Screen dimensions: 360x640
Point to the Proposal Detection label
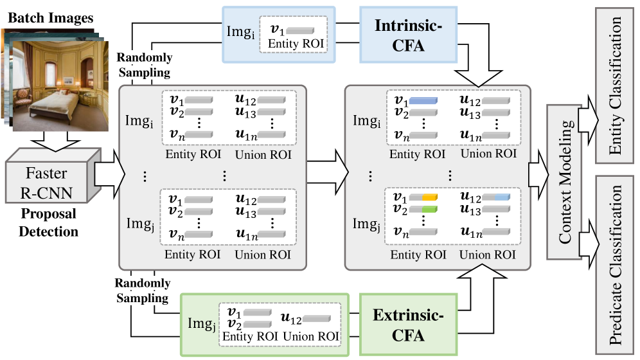click(x=46, y=221)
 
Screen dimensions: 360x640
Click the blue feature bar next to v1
click(x=423, y=102)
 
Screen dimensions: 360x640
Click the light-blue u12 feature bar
click(x=497, y=197)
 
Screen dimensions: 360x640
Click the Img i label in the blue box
click(x=241, y=33)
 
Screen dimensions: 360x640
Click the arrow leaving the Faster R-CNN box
click(x=106, y=174)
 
